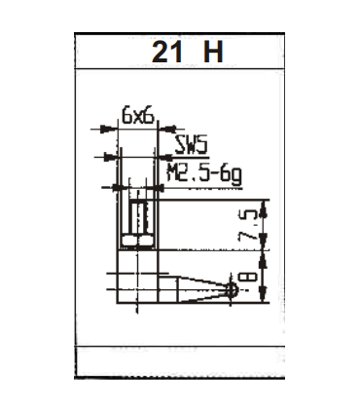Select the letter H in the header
(212, 52)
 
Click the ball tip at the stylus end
(232, 289)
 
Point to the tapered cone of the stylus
(190, 287)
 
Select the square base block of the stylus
(135, 277)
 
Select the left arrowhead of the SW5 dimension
(120, 157)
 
